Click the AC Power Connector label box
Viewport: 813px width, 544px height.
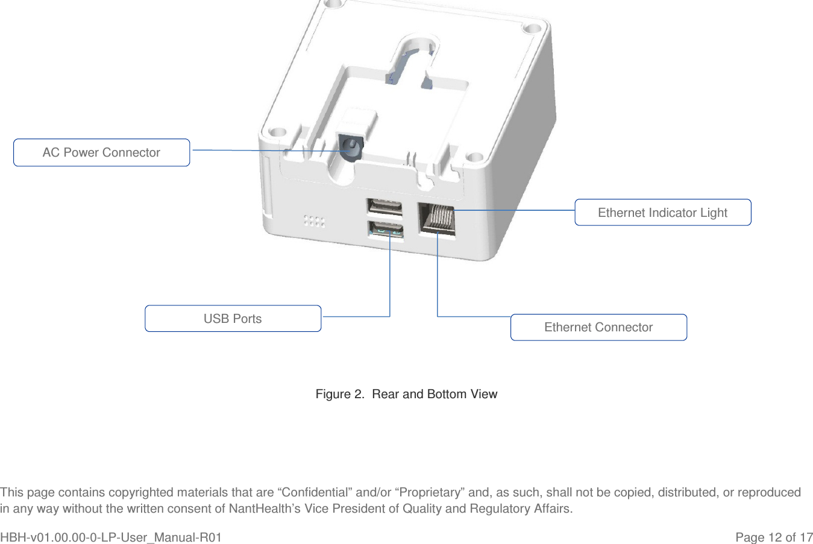[x=101, y=152]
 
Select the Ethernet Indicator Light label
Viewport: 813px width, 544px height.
[x=662, y=213]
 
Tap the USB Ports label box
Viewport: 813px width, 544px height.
[x=233, y=319]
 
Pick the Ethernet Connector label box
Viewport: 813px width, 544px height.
[x=598, y=327]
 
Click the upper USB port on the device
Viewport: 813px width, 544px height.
[x=384, y=207]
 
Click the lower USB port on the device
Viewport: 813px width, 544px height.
[x=386, y=230]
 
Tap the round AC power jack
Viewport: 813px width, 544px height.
[x=350, y=146]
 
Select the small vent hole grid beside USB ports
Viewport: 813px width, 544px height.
[x=314, y=220]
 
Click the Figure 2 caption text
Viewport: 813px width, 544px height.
[x=406, y=394]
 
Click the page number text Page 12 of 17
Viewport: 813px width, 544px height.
[x=773, y=537]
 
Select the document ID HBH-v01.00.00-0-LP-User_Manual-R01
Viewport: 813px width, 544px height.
[x=111, y=537]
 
